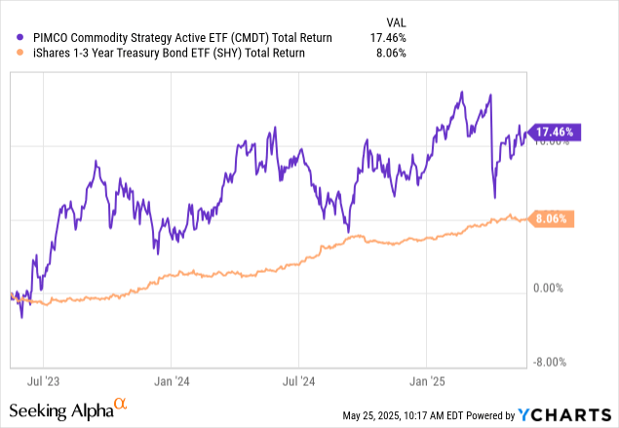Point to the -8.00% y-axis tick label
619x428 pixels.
(553, 363)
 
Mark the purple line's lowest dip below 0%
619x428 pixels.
(21, 317)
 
